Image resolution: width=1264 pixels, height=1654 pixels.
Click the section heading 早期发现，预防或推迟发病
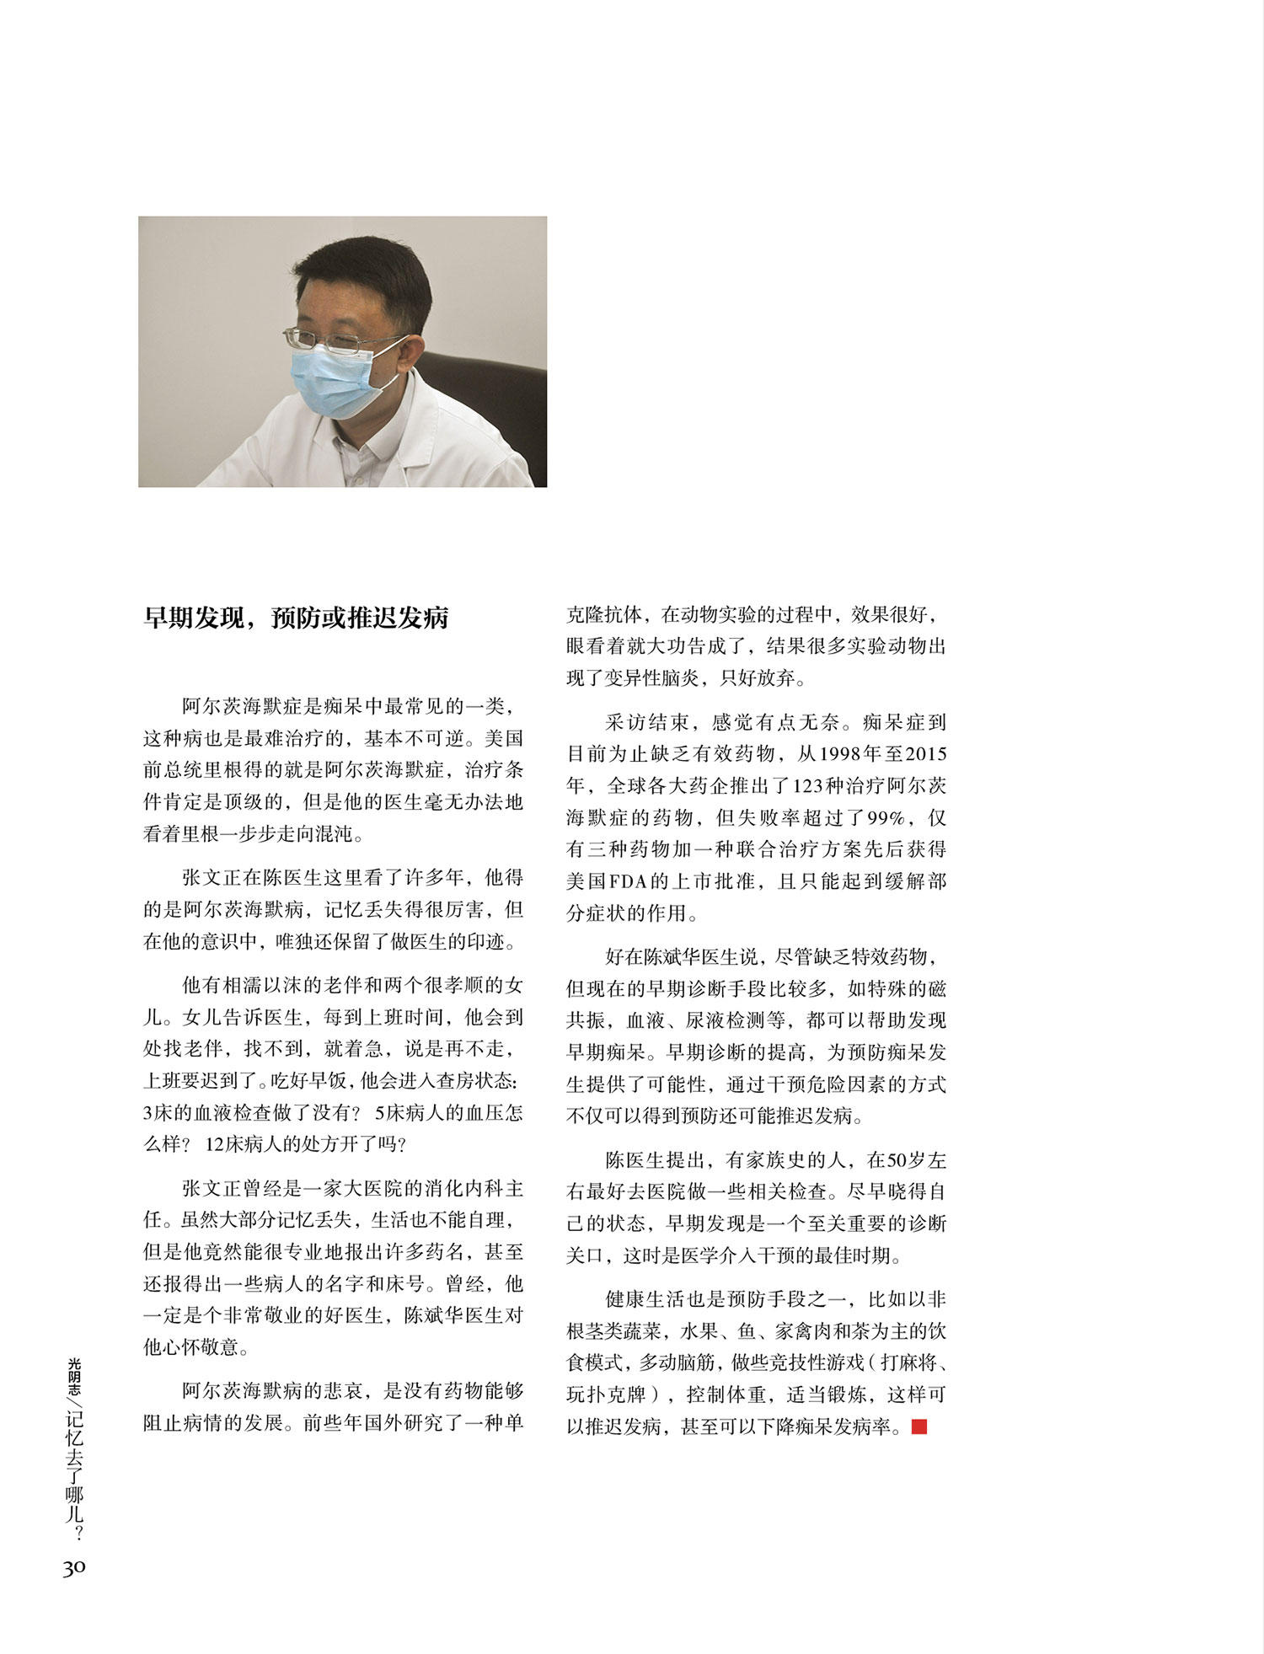click(x=296, y=618)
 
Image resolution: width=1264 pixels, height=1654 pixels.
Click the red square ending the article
click(x=919, y=1427)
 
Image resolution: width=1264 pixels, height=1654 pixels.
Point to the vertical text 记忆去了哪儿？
click(x=74, y=1475)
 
